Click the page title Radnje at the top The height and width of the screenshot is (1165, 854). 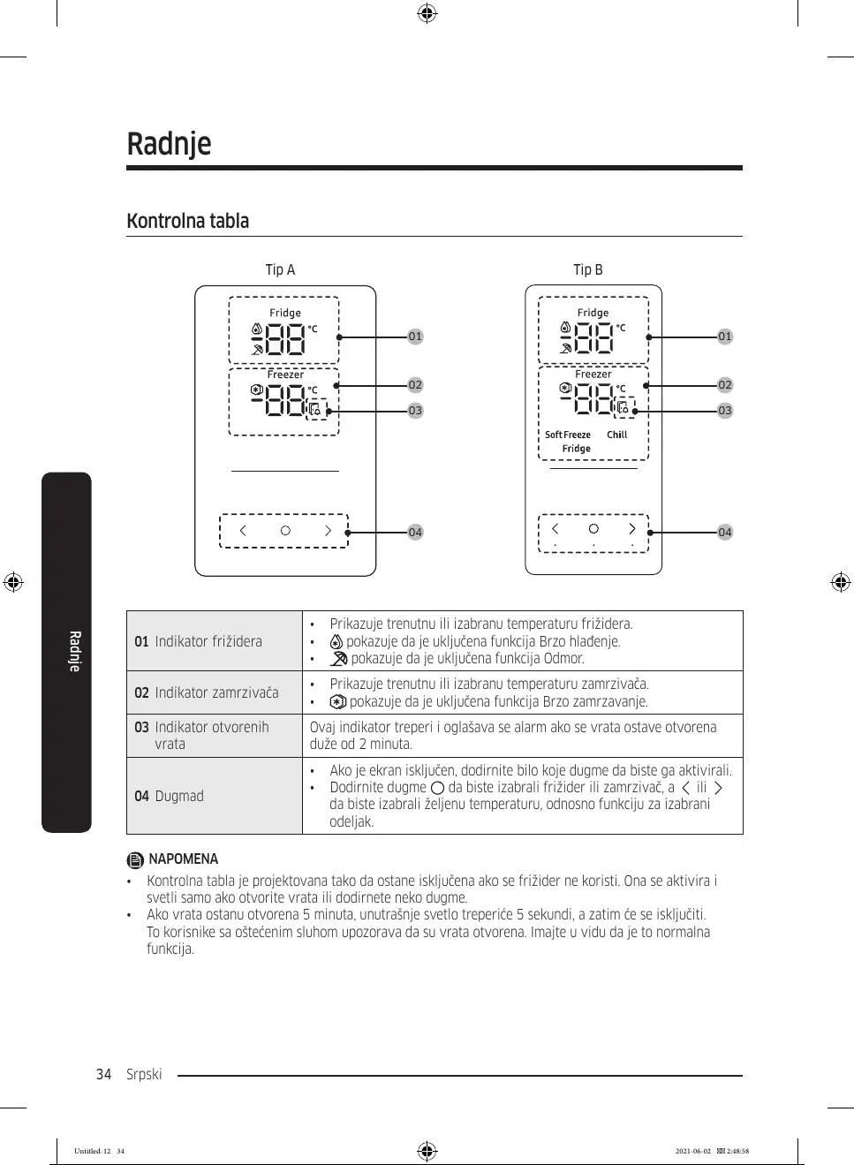[169, 144]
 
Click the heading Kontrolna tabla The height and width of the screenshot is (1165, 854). [187, 221]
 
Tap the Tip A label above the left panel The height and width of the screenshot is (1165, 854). [280, 269]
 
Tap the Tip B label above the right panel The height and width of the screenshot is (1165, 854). [587, 269]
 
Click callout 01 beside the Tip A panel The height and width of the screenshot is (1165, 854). [415, 337]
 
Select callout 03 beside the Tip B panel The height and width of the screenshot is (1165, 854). [724, 411]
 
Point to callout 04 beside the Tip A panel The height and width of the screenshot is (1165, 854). [415, 532]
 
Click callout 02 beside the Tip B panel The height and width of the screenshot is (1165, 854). [724, 385]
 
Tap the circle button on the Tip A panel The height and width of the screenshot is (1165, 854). [285, 531]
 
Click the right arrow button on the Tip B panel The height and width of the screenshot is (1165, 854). [631, 529]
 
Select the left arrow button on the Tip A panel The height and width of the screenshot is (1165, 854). [243, 531]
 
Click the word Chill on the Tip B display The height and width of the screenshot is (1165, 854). [616, 435]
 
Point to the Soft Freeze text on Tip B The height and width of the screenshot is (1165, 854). [568, 435]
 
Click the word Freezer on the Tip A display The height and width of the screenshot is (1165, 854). [285, 374]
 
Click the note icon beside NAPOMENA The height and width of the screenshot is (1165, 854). [134, 859]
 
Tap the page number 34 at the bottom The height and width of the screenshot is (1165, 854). [103, 1074]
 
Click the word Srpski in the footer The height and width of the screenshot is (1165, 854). [144, 1074]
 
